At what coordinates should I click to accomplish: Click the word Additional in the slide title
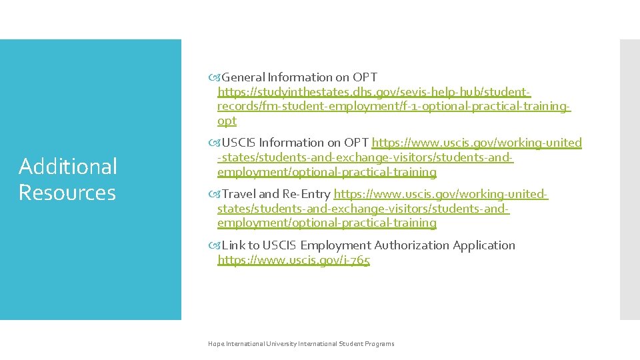coord(67,167)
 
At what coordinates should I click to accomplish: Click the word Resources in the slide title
coord(67,193)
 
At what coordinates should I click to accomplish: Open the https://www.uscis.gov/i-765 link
coord(293,260)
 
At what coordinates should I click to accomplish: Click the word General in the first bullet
coord(243,77)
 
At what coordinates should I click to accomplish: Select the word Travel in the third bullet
coord(239,194)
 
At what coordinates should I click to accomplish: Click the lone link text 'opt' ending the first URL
coord(227,121)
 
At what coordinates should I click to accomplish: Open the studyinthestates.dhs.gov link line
coord(374,92)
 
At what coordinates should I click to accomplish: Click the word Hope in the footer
coord(216,344)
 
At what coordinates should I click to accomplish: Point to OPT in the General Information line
coord(365,77)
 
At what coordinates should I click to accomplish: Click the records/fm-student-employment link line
coord(394,107)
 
